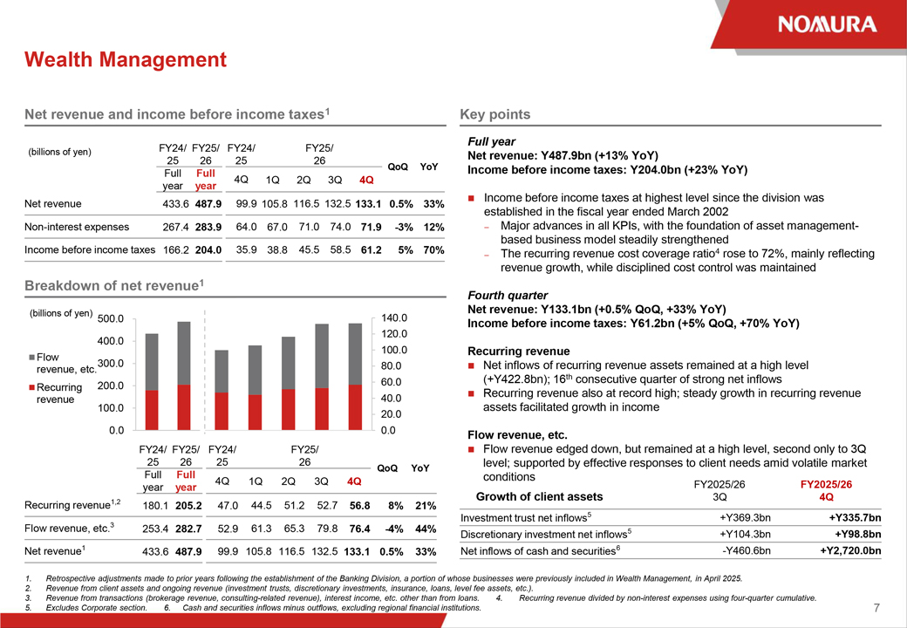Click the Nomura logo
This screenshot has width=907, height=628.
827,24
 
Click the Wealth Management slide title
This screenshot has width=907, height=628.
126,59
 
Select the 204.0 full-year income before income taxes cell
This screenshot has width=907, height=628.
208,249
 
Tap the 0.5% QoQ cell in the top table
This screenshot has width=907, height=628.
401,203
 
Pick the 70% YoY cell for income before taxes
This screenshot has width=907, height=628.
433,249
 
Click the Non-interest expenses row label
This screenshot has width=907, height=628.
77,227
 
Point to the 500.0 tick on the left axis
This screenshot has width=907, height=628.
111,318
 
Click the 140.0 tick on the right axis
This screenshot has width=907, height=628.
394,318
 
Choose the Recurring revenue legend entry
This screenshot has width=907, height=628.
56,393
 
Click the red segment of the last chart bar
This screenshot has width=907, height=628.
355,407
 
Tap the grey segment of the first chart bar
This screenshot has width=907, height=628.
152,362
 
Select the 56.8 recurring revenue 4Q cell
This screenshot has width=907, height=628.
360,505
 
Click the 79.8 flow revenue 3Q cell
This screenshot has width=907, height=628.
327,529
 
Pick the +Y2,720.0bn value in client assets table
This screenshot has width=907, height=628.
850,550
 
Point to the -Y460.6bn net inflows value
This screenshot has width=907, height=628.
747,550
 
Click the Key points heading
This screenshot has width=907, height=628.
495,114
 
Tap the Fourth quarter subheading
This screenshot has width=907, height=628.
508,295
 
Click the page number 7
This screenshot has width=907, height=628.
876,607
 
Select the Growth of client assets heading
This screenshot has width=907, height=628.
539,497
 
